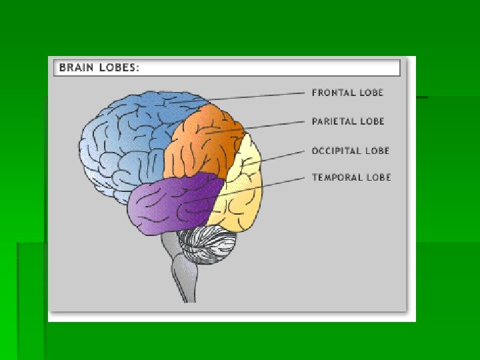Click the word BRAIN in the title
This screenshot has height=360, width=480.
click(75, 67)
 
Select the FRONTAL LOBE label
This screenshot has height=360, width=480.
click(348, 93)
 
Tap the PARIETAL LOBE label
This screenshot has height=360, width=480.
click(348, 122)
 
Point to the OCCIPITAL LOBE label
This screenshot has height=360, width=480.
click(350, 151)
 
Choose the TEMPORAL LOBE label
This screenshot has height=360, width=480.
click(351, 177)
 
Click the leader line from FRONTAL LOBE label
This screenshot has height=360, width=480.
click(260, 97)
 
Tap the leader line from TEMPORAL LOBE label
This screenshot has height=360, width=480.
click(267, 186)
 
